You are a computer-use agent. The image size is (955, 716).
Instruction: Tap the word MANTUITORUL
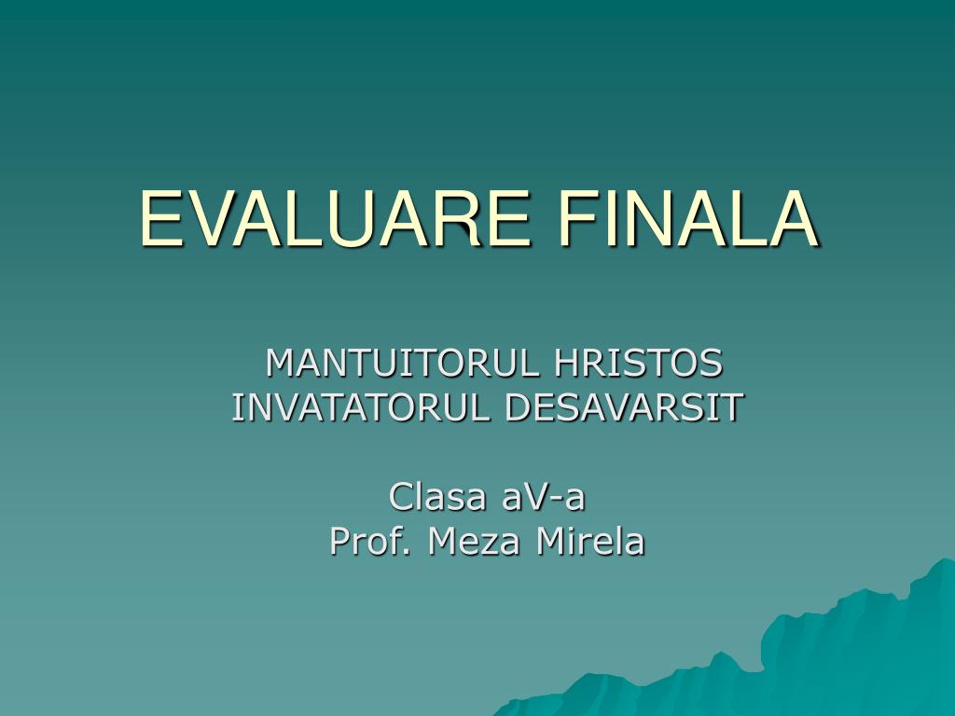[403, 363]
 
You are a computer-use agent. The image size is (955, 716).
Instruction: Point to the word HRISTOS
[638, 363]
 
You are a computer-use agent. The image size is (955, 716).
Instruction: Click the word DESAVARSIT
[625, 407]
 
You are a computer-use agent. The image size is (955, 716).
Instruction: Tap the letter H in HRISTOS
[566, 363]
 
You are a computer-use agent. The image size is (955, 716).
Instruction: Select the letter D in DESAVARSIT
[519, 407]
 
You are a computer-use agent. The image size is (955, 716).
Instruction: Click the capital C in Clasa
[400, 497]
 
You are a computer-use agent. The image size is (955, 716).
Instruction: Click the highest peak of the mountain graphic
[944, 561]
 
